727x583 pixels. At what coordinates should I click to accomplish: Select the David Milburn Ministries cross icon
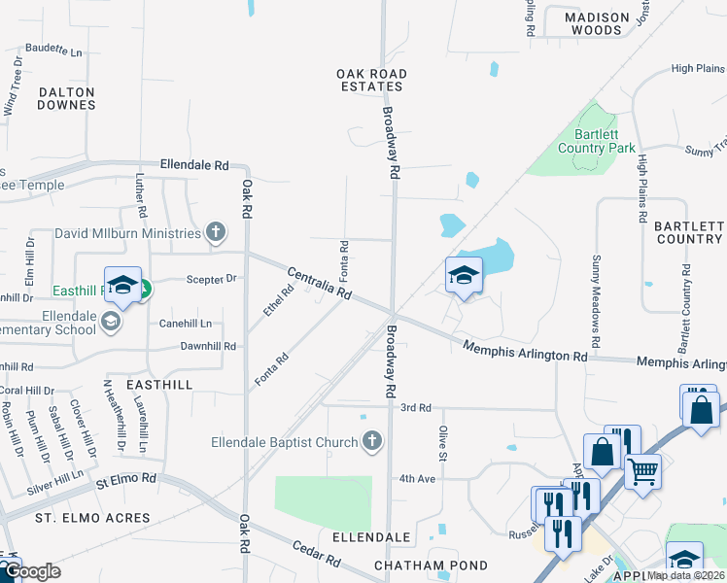click(x=215, y=232)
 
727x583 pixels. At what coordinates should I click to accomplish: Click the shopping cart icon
click(x=641, y=472)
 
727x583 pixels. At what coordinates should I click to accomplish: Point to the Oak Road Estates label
click(x=370, y=80)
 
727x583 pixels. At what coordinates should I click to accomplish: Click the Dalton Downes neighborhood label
click(x=67, y=97)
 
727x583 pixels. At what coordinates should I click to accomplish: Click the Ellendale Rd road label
click(x=194, y=165)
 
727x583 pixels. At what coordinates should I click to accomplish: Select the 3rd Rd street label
click(x=415, y=407)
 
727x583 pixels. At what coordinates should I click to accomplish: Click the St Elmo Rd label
click(x=125, y=479)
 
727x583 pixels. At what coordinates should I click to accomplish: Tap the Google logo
click(x=32, y=571)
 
